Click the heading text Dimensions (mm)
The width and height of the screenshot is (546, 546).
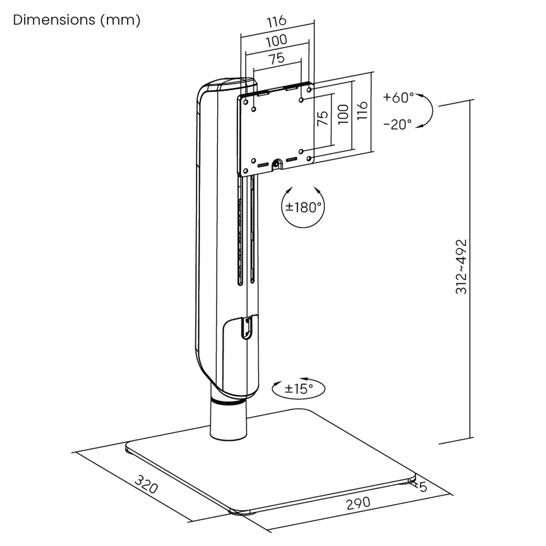click(x=76, y=20)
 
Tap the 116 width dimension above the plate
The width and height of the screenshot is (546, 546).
click(x=276, y=22)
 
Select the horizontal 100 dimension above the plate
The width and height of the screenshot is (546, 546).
click(x=277, y=41)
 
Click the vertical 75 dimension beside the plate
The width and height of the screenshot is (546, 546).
click(x=323, y=118)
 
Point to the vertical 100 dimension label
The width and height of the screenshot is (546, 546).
click(x=343, y=115)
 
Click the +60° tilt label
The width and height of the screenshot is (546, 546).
click(x=399, y=98)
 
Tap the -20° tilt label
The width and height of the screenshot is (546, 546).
click(x=397, y=124)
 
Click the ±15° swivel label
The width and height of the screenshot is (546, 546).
click(x=299, y=389)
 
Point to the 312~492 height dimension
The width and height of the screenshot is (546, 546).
click(x=461, y=266)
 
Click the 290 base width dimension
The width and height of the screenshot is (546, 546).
click(x=357, y=502)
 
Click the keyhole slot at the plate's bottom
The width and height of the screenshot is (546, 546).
click(x=276, y=163)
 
